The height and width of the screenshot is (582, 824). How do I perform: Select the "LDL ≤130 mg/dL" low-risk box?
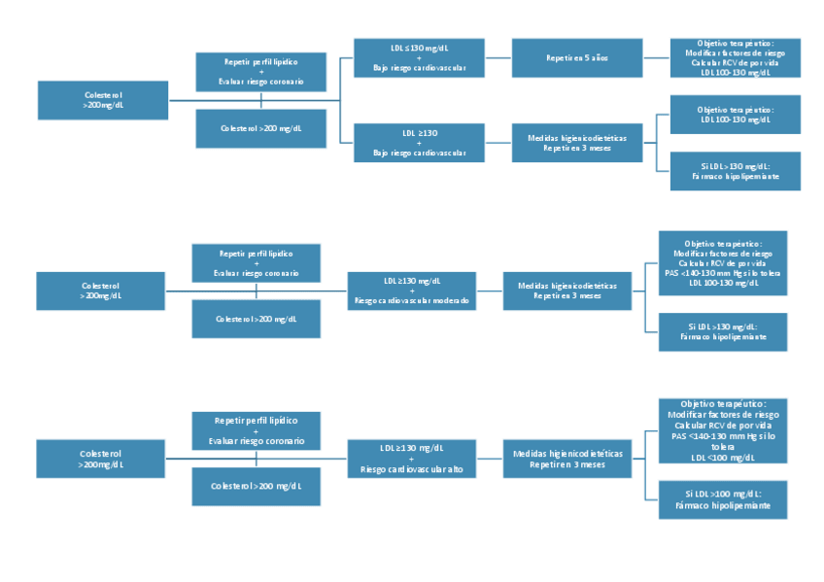pos(419,58)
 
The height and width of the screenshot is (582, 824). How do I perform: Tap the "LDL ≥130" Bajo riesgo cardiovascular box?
pos(419,143)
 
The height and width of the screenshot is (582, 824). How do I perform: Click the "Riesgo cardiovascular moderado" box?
pos(412,291)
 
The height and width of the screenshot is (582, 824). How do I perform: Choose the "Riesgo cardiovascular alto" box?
pos(412,458)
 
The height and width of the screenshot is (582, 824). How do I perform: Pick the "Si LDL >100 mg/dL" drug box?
pos(722,499)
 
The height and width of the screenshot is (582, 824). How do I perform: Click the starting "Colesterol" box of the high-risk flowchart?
pos(101,459)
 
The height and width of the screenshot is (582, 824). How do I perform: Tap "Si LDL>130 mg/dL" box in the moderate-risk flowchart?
pos(722,331)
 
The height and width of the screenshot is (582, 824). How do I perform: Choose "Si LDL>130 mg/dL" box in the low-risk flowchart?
pos(735,171)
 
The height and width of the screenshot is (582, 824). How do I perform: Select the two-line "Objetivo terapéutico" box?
pos(735,115)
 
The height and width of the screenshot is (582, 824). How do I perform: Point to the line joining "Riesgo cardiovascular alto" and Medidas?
pos(490,458)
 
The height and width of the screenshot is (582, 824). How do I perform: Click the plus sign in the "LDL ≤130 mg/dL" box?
pos(419,58)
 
